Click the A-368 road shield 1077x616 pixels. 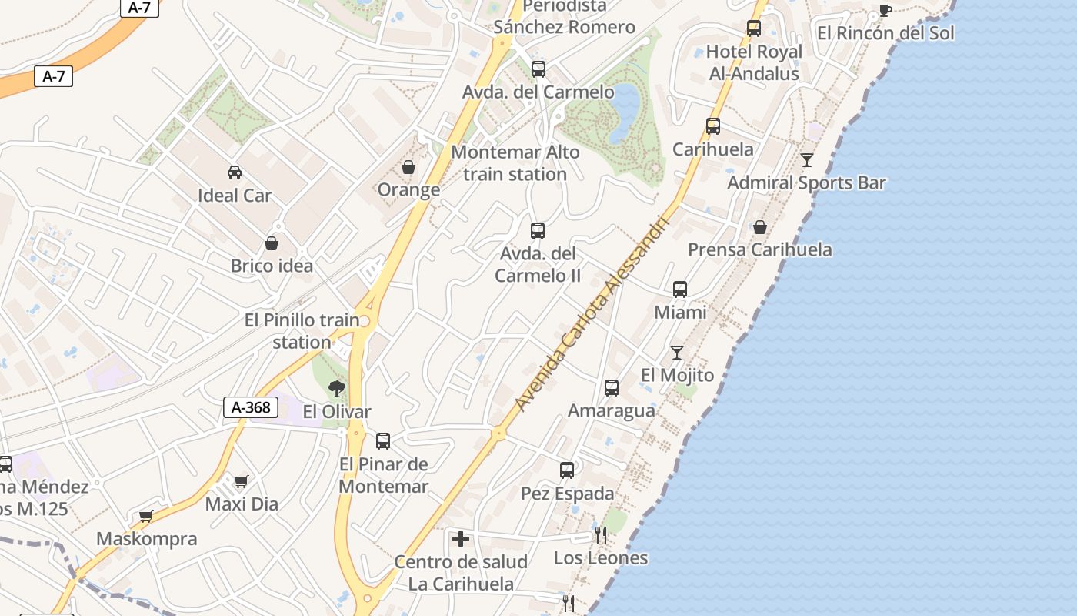point(251,407)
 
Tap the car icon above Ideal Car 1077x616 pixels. point(235,172)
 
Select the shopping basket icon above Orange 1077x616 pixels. point(408,167)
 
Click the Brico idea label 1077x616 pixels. point(272,266)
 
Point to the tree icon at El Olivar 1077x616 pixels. point(336,389)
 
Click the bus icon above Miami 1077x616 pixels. point(680,290)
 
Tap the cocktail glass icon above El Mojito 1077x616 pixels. point(677,353)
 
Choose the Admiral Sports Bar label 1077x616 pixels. point(806,183)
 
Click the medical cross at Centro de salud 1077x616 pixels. point(461,539)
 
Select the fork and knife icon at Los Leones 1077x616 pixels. point(601,534)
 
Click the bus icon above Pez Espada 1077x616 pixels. point(567,470)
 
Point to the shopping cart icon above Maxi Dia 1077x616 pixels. point(242,482)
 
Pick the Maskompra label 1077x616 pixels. point(146,539)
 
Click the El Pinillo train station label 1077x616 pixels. point(302,331)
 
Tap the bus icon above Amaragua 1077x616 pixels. point(612,388)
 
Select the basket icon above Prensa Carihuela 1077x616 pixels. point(760,227)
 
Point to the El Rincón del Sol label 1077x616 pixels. point(885,33)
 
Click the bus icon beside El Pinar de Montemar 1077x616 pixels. point(383,441)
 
